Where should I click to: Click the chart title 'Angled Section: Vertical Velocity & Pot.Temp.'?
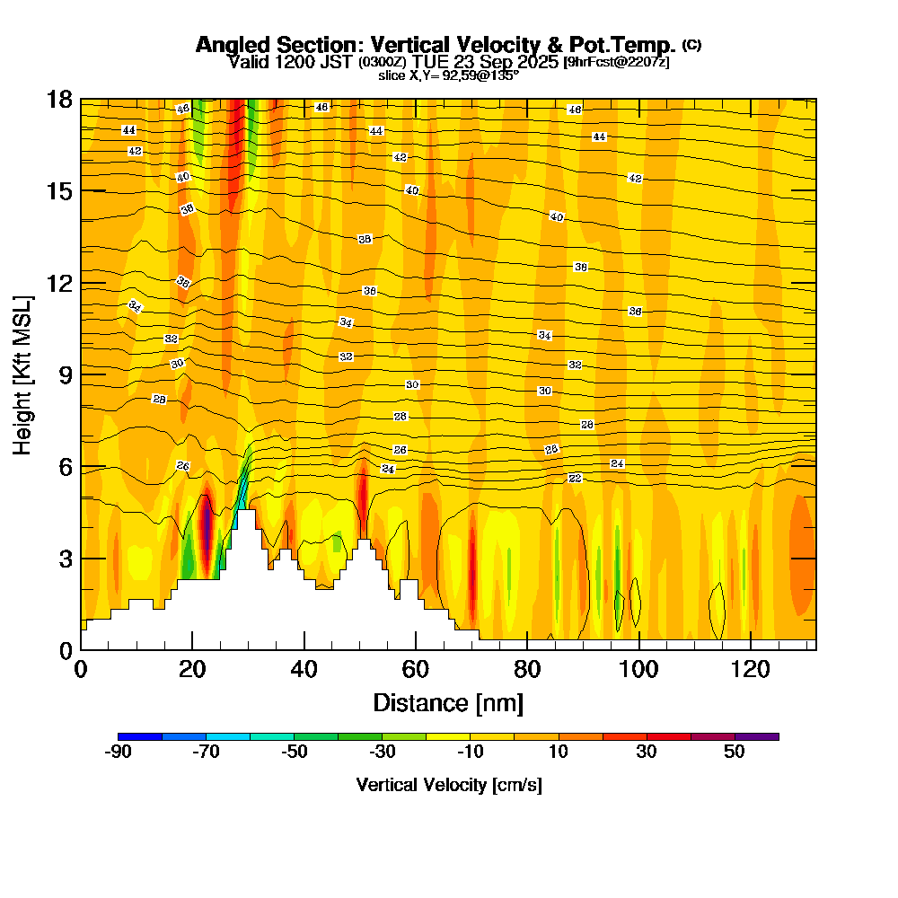pyautogui.click(x=436, y=45)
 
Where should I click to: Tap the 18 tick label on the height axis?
pyautogui.click(x=59, y=99)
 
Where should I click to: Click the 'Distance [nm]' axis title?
pyautogui.click(x=448, y=701)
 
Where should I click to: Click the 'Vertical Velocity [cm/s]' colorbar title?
pyautogui.click(x=449, y=785)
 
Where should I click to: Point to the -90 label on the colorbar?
pyautogui.click(x=119, y=753)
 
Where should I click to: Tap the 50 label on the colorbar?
pyautogui.click(x=735, y=753)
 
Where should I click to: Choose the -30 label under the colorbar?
pyautogui.click(x=383, y=753)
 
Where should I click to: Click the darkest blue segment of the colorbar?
pyautogui.click(x=140, y=736)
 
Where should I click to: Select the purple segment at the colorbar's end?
pyautogui.click(x=757, y=736)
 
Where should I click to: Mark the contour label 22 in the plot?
pyautogui.click(x=575, y=478)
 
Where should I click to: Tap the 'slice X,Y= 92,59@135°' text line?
pyautogui.click(x=448, y=75)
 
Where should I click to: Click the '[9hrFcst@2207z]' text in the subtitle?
pyautogui.click(x=616, y=62)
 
